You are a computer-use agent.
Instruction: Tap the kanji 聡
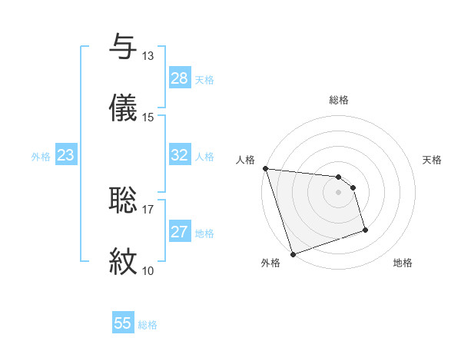[123, 199]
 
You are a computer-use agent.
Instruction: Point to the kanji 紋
[123, 260]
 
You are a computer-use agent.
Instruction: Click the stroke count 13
[148, 56]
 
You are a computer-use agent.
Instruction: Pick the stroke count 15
[148, 118]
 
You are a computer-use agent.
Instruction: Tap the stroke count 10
[148, 270]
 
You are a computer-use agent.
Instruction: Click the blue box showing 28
[180, 78]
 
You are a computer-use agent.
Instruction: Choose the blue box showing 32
[180, 155]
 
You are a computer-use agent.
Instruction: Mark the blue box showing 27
[180, 232]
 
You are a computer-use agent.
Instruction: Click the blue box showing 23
[66, 155]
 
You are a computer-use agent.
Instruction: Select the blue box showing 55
[123, 323]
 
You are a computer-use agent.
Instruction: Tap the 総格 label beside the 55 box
[148, 325]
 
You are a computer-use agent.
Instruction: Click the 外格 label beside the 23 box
[41, 157]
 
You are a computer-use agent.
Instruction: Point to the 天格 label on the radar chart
[433, 160]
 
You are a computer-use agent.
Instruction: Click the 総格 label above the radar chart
[339, 100]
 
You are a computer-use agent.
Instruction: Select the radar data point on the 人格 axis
[265, 168]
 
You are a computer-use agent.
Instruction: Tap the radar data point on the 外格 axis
[293, 253]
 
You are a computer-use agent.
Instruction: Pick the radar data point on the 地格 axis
[365, 230]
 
